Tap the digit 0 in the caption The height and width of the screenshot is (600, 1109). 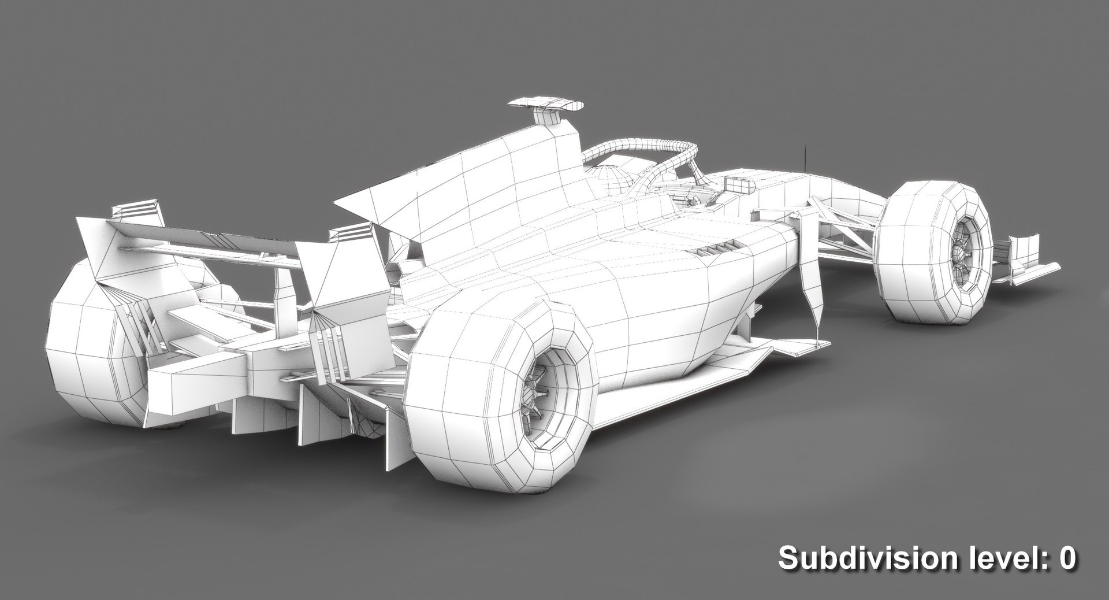point(1066,558)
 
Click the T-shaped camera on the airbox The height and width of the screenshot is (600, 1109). point(545,106)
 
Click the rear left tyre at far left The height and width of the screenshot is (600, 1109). point(87,358)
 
